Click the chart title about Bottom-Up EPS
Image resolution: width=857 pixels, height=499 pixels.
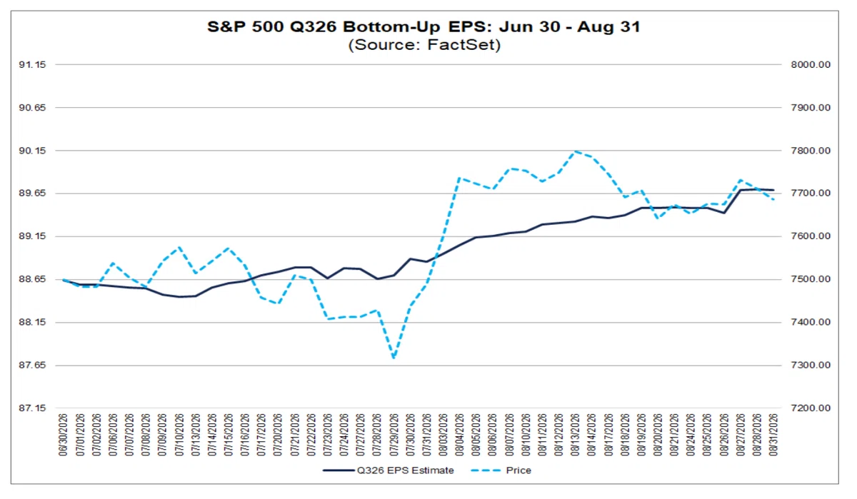[424, 26]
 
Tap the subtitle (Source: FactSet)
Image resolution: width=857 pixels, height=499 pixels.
[424, 45]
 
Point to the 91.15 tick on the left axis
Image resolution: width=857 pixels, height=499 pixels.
[33, 65]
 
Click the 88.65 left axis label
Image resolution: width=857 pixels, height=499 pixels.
[33, 280]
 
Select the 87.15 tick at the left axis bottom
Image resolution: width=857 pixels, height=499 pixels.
[33, 408]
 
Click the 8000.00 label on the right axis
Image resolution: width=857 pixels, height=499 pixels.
[811, 65]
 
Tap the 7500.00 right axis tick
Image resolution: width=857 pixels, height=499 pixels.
[811, 279]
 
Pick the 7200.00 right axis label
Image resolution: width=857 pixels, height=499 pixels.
[811, 408]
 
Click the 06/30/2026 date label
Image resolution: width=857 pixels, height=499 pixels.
[63, 435]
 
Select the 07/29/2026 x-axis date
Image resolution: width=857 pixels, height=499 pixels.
[394, 435]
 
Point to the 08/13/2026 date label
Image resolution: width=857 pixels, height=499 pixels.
[576, 435]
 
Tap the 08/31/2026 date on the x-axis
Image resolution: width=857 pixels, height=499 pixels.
[773, 435]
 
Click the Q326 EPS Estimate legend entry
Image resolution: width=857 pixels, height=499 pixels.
[389, 470]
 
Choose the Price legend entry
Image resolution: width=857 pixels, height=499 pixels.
[501, 470]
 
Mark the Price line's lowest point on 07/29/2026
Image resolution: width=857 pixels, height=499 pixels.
[394, 358]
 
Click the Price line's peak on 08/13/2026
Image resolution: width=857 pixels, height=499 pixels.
[575, 151]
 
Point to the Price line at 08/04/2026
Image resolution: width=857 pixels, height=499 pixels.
[459, 178]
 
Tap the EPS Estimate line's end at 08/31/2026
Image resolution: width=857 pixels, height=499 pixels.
[773, 190]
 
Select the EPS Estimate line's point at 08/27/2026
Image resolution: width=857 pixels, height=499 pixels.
[741, 190]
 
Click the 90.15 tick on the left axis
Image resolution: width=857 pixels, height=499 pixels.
[33, 151]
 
